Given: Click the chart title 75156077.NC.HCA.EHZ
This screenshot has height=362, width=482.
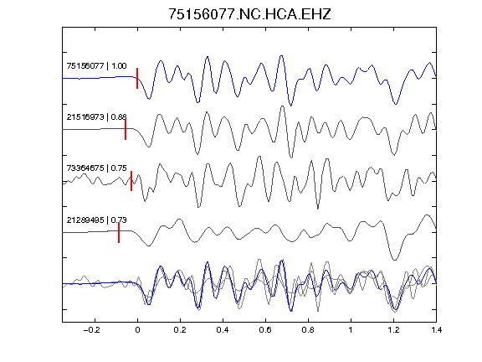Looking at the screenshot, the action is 249,14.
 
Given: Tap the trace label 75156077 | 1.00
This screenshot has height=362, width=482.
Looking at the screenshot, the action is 96,66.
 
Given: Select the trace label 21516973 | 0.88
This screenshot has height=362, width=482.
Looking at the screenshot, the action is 96,117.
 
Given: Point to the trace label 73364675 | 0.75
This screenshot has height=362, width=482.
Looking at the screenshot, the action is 96,168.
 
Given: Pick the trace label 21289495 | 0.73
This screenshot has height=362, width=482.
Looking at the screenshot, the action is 96,220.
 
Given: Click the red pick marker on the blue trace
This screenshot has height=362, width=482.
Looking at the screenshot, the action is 137,79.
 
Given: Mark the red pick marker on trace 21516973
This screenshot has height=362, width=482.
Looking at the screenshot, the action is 126,130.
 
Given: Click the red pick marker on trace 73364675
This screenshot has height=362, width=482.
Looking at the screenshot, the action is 131,181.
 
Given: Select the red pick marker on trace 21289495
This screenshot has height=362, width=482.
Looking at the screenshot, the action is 119,232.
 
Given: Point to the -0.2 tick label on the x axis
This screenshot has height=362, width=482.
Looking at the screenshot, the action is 91,330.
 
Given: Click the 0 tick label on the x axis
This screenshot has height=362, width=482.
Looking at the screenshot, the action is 137,330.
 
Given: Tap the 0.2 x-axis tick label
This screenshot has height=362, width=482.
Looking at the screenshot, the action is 180,330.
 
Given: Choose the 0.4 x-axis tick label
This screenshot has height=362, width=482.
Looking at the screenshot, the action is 223,330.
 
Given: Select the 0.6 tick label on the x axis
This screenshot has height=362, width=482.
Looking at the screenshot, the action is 265,330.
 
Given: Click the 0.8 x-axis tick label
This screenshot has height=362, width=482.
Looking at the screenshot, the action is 308,330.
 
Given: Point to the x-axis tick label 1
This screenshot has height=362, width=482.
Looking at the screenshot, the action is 351,330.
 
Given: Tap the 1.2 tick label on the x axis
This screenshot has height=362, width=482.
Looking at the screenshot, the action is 393,330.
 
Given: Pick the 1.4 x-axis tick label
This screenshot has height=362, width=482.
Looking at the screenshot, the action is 436,330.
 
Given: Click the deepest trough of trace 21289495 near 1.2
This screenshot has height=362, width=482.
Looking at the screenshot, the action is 395,260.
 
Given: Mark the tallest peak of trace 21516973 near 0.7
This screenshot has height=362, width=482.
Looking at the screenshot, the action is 282,106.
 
